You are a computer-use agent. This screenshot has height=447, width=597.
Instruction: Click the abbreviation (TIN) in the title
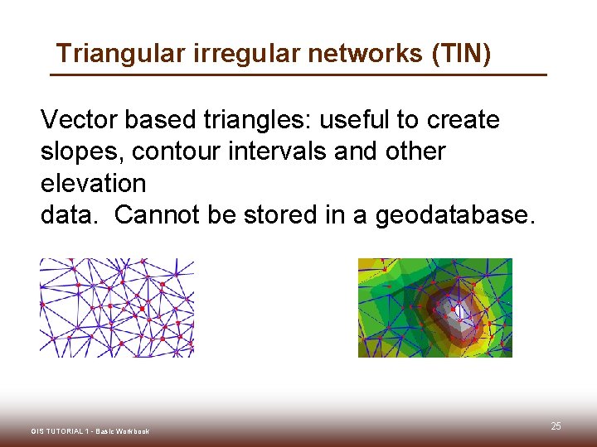461,54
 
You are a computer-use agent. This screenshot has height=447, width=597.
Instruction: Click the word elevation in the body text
93,183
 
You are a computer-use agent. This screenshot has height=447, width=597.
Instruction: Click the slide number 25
556,426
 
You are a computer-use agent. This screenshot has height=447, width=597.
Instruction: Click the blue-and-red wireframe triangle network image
117,308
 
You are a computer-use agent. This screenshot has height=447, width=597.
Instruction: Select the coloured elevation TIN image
434,308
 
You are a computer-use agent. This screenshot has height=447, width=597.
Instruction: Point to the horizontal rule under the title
298,75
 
